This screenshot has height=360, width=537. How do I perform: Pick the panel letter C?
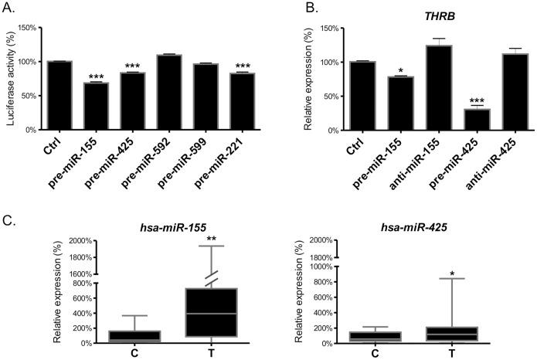pyautogui.click(x=8, y=219)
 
